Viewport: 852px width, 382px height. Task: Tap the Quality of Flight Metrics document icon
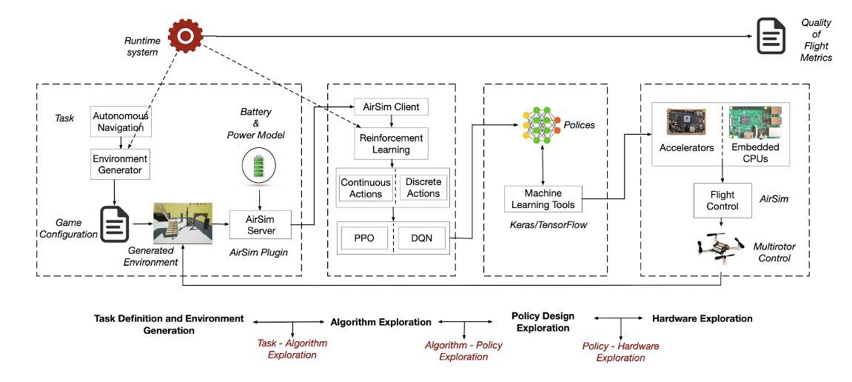[771, 38]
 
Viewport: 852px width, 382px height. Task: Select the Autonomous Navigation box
[121, 122]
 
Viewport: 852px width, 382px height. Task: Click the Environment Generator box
[121, 164]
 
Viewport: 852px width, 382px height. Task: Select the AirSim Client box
[391, 107]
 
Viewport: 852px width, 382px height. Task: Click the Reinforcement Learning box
[391, 144]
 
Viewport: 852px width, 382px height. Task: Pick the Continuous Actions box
[365, 188]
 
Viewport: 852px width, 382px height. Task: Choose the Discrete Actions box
[423, 188]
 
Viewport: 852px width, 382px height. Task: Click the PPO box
[364, 238]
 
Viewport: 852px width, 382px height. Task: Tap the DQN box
[423, 238]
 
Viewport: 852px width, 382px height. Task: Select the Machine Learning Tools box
[543, 198]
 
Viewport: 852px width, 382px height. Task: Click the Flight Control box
[722, 201]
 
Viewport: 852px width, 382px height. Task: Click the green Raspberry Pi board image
[756, 124]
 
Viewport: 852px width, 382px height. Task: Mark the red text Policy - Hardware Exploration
[620, 352]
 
